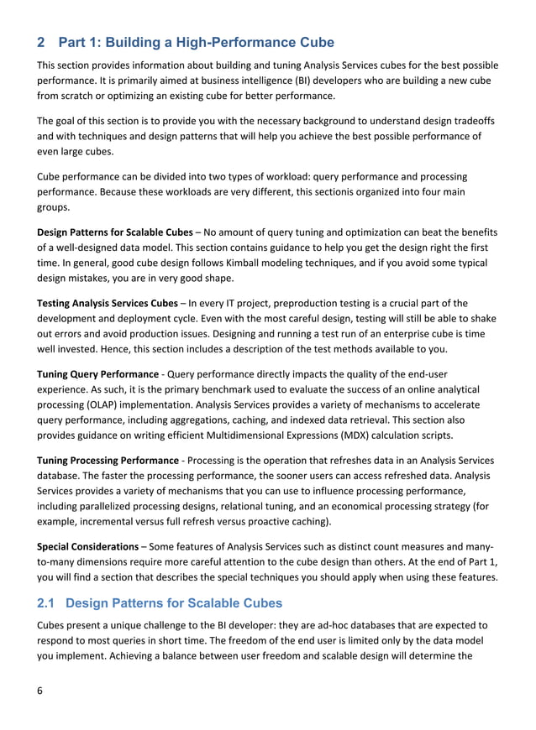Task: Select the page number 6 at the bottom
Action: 39,691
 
